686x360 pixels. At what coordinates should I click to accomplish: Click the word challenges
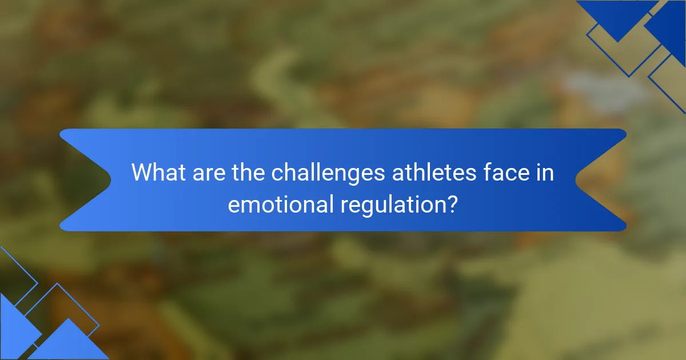328,172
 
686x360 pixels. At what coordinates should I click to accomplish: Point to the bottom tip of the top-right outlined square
629,76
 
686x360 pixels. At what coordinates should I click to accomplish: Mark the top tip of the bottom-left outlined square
57,284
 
